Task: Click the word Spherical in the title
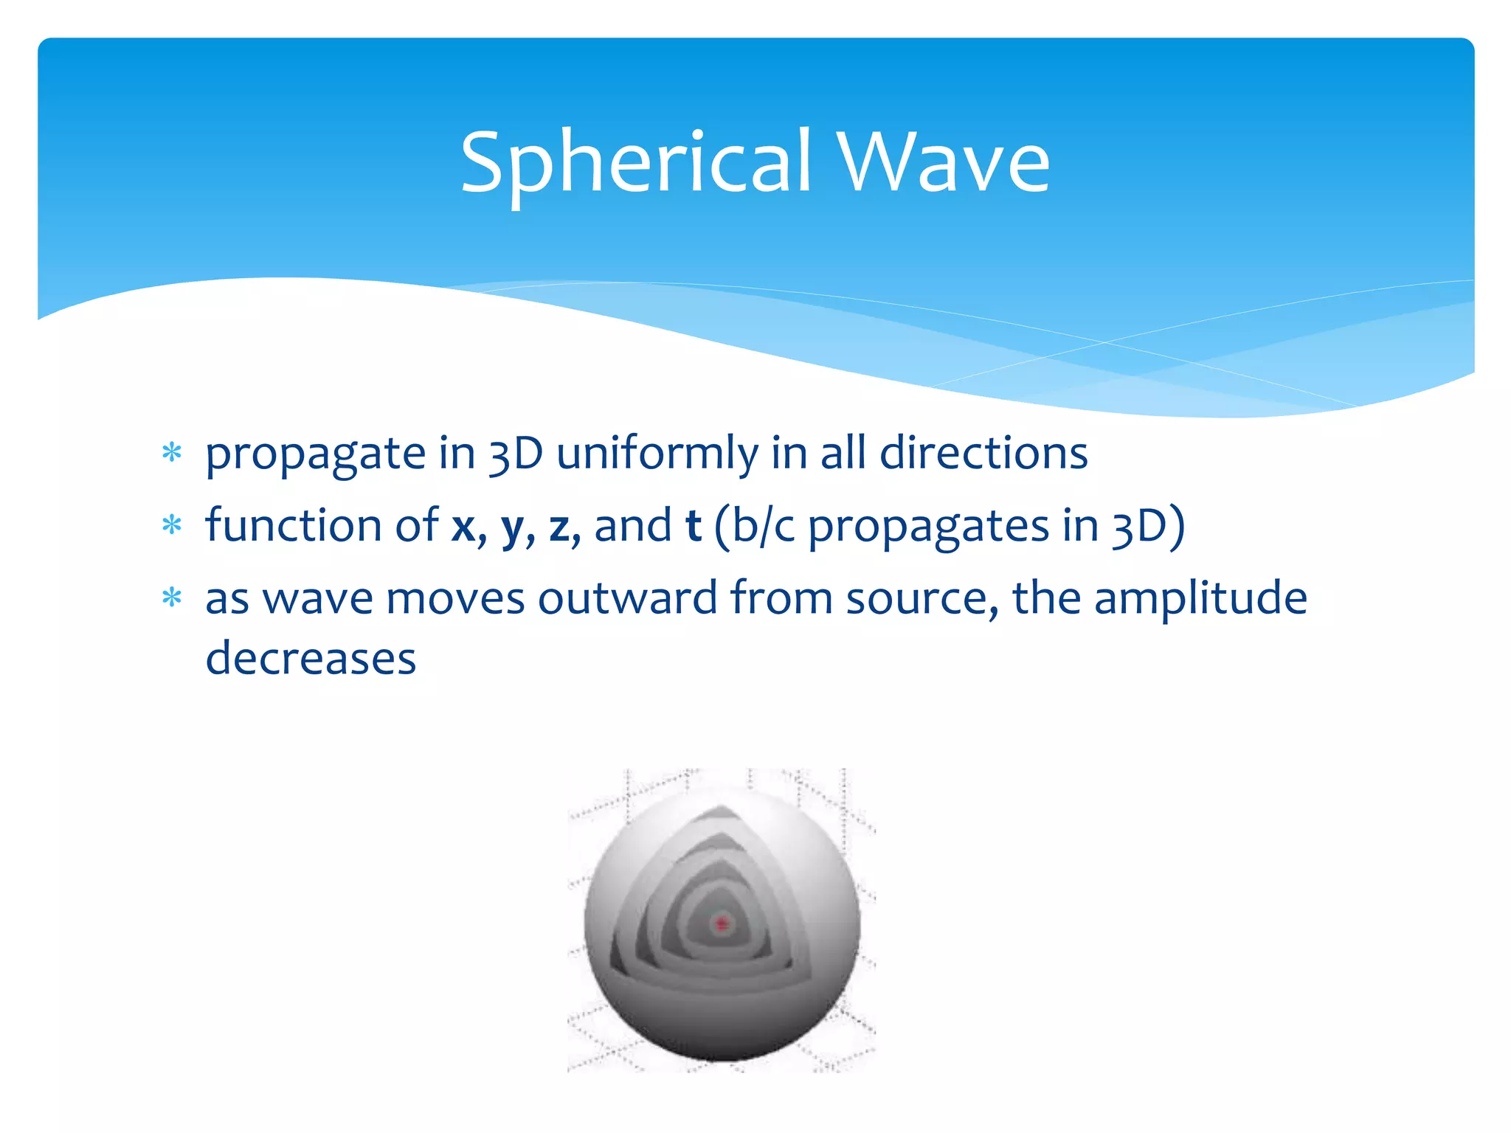click(636, 162)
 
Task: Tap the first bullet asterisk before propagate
click(172, 452)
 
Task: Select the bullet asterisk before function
click(172, 525)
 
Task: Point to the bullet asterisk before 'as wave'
click(172, 597)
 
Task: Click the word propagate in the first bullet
click(315, 455)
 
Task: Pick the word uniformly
click(657, 454)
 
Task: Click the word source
click(919, 599)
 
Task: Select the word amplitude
click(1200, 599)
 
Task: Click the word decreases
click(311, 658)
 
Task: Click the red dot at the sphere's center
click(722, 923)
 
